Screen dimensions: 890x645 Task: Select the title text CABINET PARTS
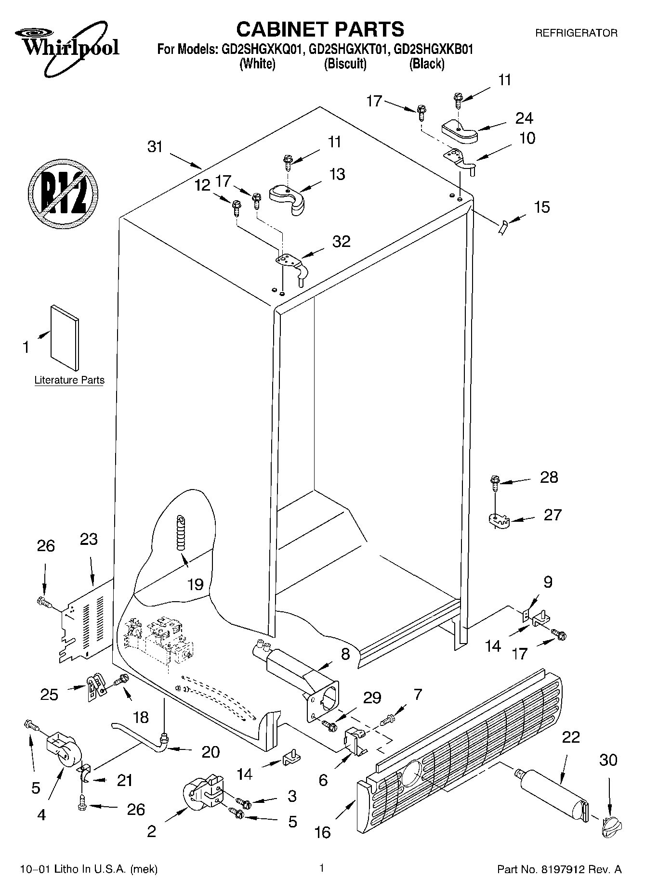[320, 29]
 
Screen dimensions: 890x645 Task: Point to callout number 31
[155, 147]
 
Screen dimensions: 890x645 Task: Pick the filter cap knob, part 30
[611, 828]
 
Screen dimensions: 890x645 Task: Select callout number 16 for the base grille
[322, 832]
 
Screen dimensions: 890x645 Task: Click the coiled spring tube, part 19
[181, 532]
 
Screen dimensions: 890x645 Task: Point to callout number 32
[342, 241]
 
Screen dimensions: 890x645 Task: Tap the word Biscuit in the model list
[345, 64]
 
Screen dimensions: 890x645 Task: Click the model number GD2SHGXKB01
[433, 49]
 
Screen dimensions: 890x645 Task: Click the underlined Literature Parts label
[69, 380]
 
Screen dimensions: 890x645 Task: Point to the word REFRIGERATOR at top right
[576, 33]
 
